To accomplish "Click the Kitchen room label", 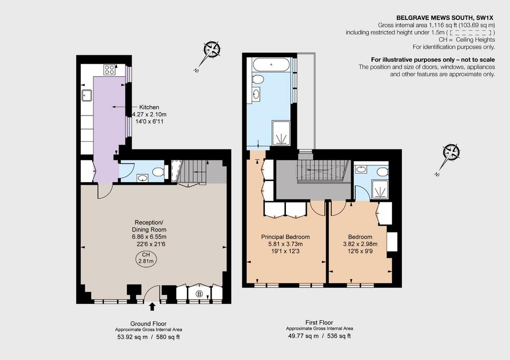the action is coord(149,107).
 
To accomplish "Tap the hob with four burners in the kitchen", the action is coord(109,70).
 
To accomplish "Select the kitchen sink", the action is coord(87,95).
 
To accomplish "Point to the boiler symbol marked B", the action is coord(199,294).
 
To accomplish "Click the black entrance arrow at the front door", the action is coord(152,306).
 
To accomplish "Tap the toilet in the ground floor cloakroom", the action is coord(158,172).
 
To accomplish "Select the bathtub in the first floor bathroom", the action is coord(271,64).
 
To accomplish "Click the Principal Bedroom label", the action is coord(285,237).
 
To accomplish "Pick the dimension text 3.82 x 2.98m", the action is coord(360,244).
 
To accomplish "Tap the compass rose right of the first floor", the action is coord(451,152).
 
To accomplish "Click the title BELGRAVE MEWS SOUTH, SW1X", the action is coord(446,18).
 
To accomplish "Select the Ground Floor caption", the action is coord(148,324).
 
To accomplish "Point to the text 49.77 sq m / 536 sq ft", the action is coord(319,336).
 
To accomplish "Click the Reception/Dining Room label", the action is coord(149,226).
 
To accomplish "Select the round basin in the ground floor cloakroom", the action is coord(142,178).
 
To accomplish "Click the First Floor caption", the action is coord(319,323).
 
